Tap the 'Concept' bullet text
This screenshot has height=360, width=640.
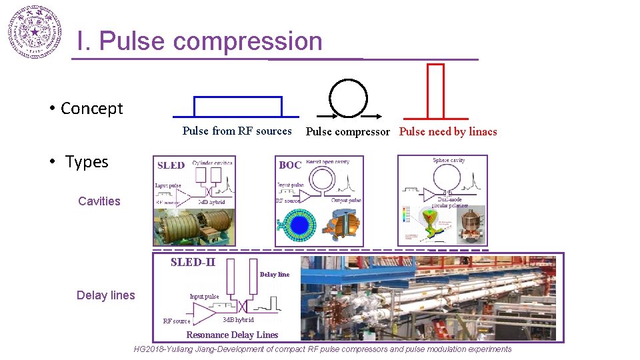tap(91, 109)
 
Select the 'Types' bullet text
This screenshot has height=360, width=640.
tap(87, 162)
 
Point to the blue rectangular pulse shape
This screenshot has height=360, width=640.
tap(237, 107)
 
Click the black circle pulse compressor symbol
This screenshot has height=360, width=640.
tap(348, 98)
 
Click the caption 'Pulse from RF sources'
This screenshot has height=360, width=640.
tap(237, 131)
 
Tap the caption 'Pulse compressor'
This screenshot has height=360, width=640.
tap(347, 132)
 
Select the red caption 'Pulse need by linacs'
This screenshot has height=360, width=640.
tap(448, 132)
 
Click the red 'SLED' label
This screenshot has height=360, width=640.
tap(171, 165)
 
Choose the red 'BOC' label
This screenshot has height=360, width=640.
tap(290, 165)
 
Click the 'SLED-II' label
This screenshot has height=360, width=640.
tap(193, 262)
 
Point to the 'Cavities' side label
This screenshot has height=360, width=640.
tap(99, 201)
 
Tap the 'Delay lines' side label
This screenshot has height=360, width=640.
tap(105, 295)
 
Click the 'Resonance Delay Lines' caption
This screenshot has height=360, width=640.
tap(232, 335)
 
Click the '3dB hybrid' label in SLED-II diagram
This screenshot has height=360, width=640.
tap(238, 320)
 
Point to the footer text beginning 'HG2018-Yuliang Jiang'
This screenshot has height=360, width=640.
tap(323, 349)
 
